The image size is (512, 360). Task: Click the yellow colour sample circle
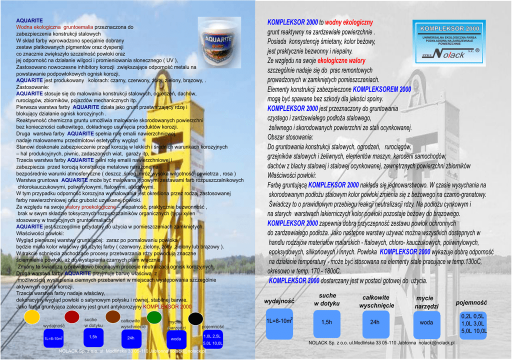pyautogui.click(x=32, y=316)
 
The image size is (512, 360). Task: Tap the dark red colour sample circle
pyautogui.click(x=72, y=316)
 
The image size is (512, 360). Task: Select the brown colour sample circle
pyautogui.click(x=113, y=316)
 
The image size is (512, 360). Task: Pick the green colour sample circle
pyautogui.click(x=154, y=317)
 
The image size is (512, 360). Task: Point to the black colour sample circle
pyautogui.click(x=195, y=318)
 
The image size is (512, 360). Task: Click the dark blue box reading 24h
pyautogui.click(x=131, y=338)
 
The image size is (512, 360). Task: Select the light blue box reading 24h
pyautogui.click(x=374, y=322)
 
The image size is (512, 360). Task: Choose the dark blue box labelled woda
pyautogui.click(x=176, y=339)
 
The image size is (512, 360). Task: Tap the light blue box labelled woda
pyautogui.click(x=426, y=323)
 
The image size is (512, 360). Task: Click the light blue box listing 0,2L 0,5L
pyautogui.click(x=473, y=324)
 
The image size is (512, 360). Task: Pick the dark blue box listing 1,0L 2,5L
pyautogui.click(x=213, y=340)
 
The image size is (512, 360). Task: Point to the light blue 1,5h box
pyautogui.click(x=326, y=322)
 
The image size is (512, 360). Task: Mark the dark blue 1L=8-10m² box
pyautogui.click(x=53, y=339)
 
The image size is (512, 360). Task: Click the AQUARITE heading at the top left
pyautogui.click(x=29, y=20)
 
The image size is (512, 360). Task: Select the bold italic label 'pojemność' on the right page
pyautogui.click(x=471, y=303)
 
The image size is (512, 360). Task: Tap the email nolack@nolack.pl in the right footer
pyautogui.click(x=436, y=343)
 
